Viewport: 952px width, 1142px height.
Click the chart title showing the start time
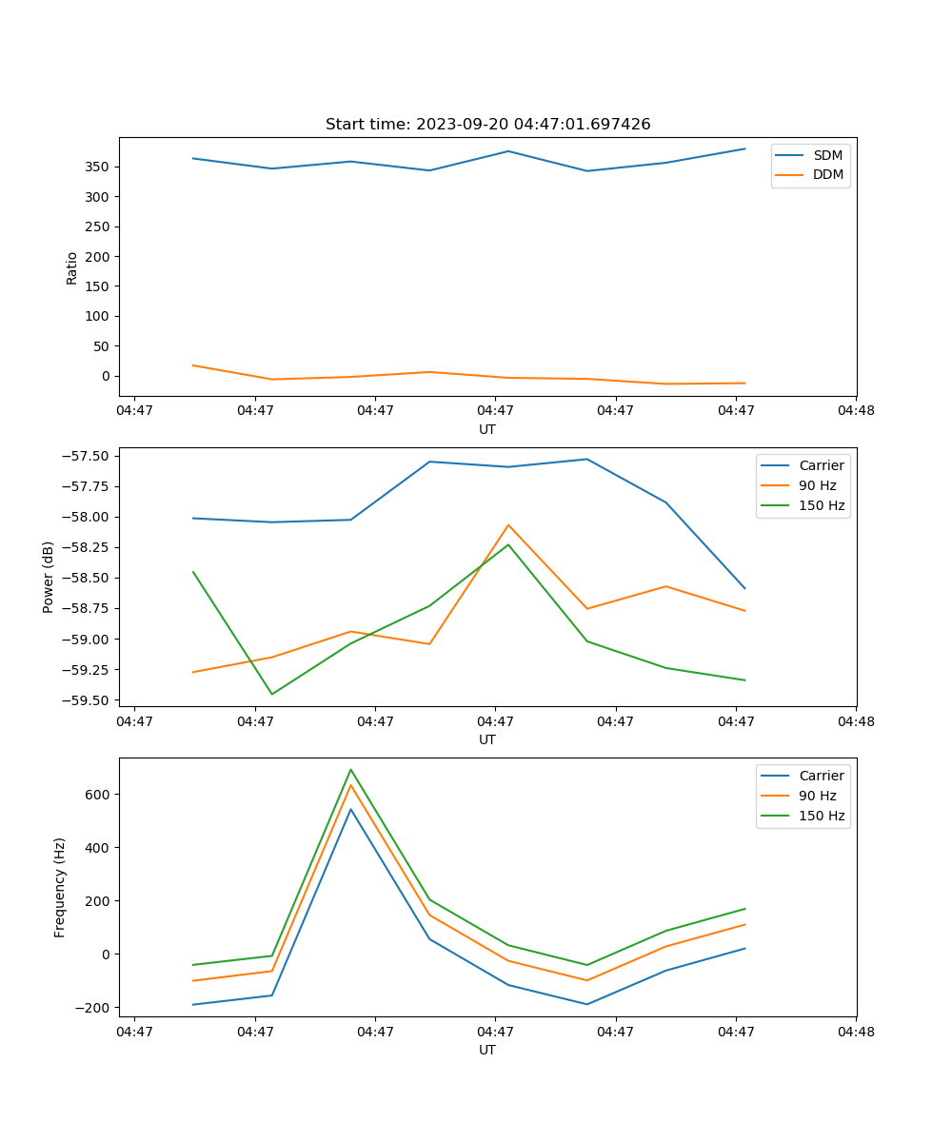[x=487, y=125]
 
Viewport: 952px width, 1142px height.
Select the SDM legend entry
[x=827, y=155]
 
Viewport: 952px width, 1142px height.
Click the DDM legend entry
[x=827, y=175]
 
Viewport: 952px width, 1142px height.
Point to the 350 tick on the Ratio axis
[x=98, y=167]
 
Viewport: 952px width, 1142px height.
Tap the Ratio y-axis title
[x=72, y=267]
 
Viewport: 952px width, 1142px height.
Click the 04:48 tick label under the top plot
[x=855, y=411]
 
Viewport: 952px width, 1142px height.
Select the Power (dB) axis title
[x=49, y=577]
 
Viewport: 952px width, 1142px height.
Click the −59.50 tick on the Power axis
[x=85, y=700]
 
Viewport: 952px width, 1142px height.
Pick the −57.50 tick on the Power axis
[x=85, y=456]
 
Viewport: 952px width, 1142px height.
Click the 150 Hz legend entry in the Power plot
[x=822, y=505]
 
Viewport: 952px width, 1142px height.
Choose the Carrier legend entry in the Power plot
[x=821, y=465]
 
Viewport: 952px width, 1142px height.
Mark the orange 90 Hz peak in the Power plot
[x=508, y=524]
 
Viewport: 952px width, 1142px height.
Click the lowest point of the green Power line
[x=272, y=694]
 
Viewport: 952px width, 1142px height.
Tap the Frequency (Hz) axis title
[x=60, y=887]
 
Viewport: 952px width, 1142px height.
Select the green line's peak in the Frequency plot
[x=350, y=769]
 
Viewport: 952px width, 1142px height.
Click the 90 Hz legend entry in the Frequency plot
[x=817, y=796]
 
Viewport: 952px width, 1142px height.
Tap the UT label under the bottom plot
[x=487, y=1050]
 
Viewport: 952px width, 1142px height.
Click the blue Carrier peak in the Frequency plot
[x=350, y=809]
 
